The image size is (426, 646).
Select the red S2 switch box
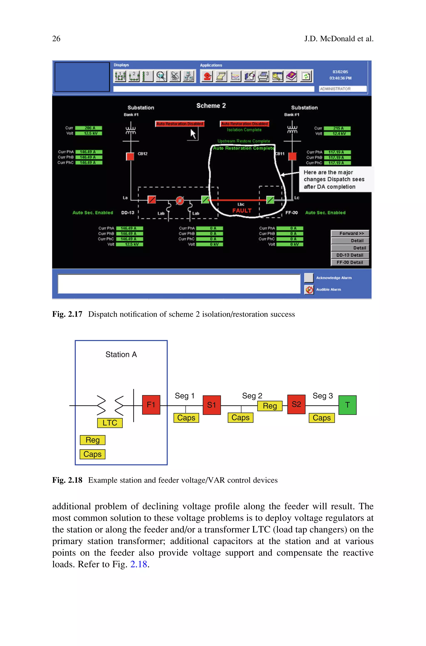pyautogui.click(x=296, y=404)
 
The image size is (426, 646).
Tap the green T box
pyautogui.click(x=347, y=405)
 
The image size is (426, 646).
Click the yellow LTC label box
pyautogui.click(x=110, y=423)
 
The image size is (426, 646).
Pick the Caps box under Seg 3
pyautogui.click(x=321, y=418)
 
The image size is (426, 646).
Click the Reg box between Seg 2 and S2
pyautogui.click(x=270, y=406)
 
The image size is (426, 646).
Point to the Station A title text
pyautogui.click(x=121, y=355)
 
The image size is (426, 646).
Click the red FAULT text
pyautogui.click(x=242, y=211)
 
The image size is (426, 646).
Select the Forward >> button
pyautogui.click(x=350, y=233)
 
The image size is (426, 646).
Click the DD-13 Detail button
pyautogui.click(x=350, y=255)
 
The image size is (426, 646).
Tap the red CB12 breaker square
pyautogui.click(x=130, y=156)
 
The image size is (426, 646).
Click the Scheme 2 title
pyautogui.click(x=211, y=106)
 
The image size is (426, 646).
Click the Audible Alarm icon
pyautogui.click(x=309, y=290)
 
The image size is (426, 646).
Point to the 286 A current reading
pyautogui.click(x=89, y=128)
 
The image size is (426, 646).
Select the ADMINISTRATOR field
pyautogui.click(x=343, y=89)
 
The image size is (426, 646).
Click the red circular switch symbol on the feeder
pyautogui.click(x=180, y=201)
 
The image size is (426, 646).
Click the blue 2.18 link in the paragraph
pyautogui.click(x=139, y=564)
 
